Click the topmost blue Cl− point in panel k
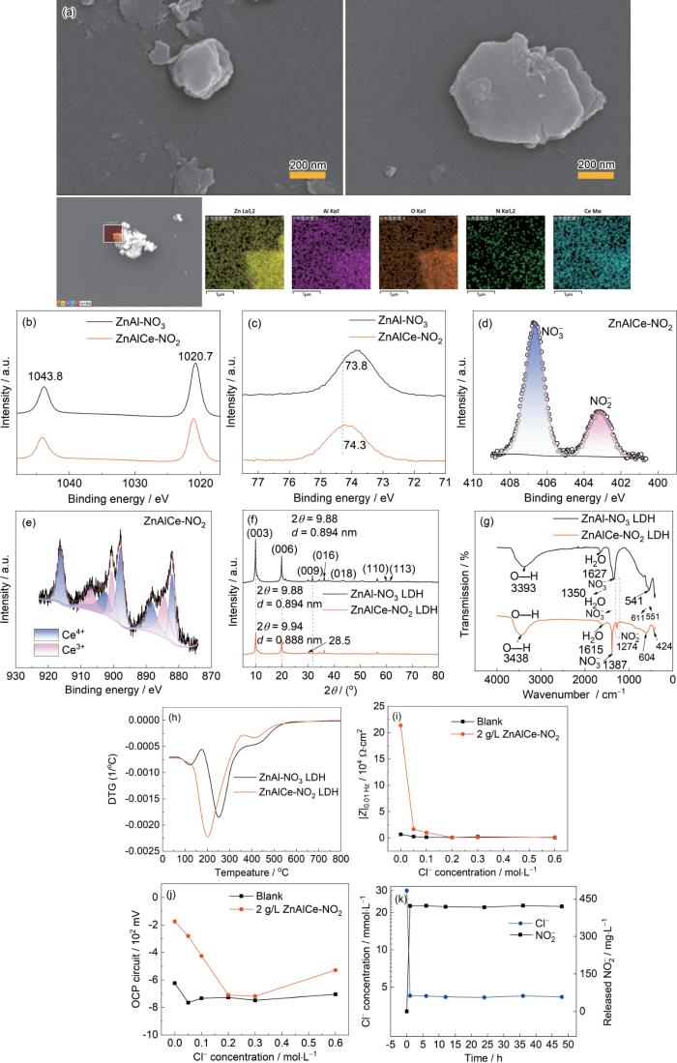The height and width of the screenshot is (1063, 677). point(406,891)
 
